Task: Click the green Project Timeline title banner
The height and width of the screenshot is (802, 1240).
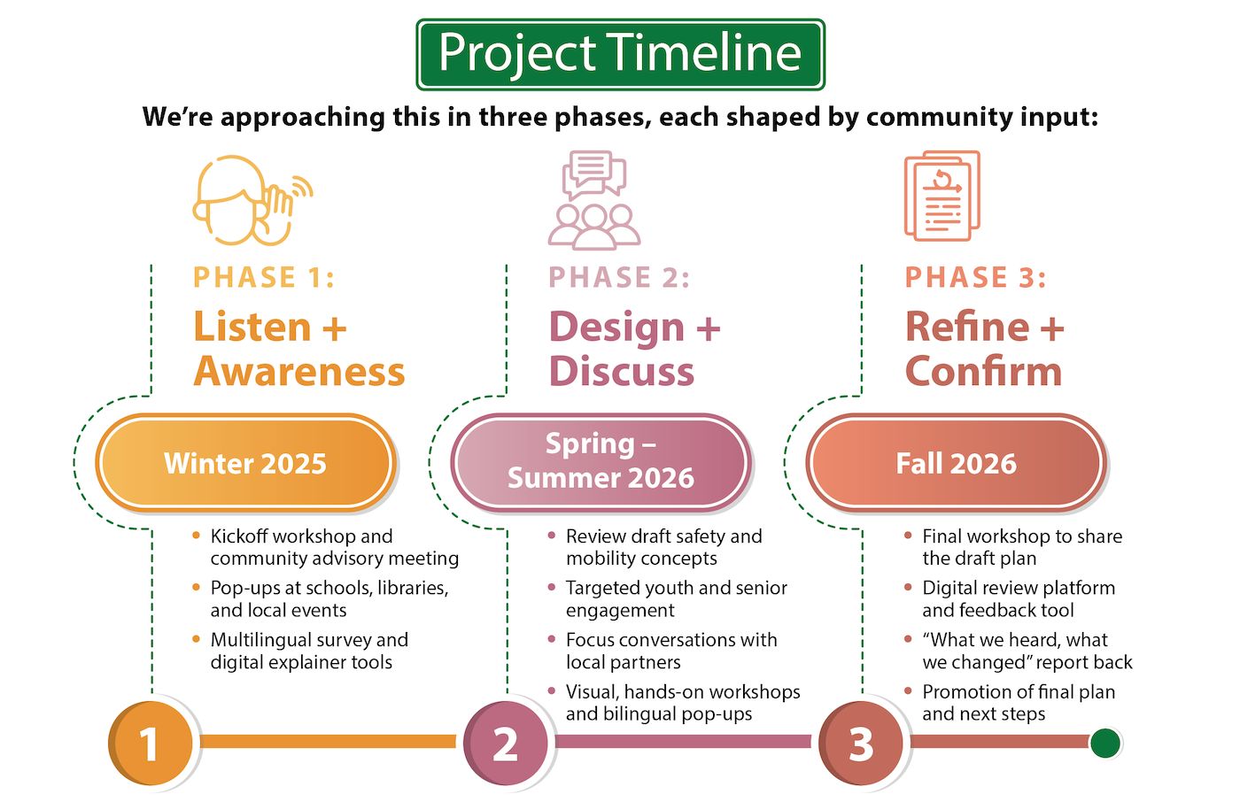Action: [x=620, y=54]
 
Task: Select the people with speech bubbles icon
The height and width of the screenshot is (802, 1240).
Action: [x=593, y=200]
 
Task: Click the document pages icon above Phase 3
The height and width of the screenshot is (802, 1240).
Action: [x=942, y=196]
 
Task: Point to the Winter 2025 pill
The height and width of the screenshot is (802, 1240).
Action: [x=246, y=463]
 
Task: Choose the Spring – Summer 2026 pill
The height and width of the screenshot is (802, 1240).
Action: [x=601, y=461]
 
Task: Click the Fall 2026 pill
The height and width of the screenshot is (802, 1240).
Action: [x=956, y=463]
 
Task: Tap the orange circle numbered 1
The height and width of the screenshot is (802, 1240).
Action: [x=151, y=743]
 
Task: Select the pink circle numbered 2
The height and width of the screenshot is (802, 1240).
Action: [x=506, y=743]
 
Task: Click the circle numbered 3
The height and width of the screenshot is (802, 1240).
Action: [x=861, y=743]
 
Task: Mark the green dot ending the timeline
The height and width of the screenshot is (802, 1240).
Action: [x=1104, y=743]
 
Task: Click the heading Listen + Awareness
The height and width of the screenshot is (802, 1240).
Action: [x=298, y=349]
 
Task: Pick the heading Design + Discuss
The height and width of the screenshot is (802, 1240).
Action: [x=634, y=349]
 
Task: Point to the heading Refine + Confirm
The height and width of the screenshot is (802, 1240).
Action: [x=983, y=349]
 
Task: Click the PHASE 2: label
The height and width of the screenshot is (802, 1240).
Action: [x=619, y=277]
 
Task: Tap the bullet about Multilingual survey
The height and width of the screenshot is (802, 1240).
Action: [x=308, y=651]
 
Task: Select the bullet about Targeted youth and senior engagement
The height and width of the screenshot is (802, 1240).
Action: [x=676, y=598]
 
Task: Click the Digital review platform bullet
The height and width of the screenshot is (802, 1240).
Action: [x=1018, y=598]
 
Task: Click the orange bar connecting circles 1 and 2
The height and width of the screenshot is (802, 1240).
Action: [x=328, y=742]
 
